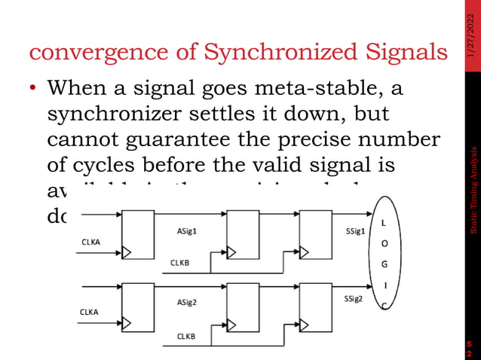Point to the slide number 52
click(469, 348)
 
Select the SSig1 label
click(354, 210)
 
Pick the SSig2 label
click(354, 299)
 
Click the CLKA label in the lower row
click(90, 311)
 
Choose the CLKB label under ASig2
click(185, 336)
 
